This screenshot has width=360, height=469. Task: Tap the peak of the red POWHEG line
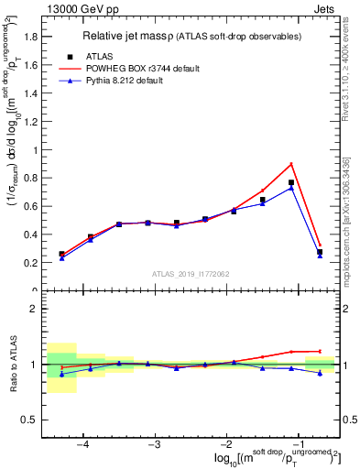(x=291, y=164)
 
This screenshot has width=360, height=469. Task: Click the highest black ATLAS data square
(x=291, y=182)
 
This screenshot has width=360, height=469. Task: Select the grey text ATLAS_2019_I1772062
(x=190, y=274)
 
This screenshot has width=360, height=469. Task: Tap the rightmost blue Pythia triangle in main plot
(x=320, y=256)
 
